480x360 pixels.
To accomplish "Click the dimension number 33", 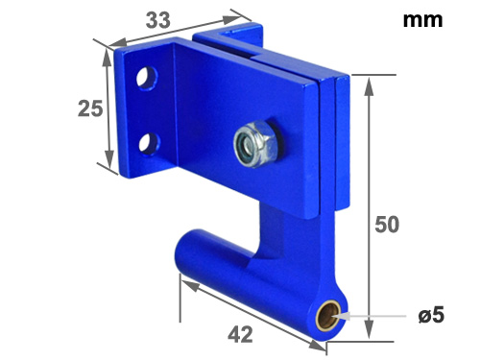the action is pyautogui.click(x=158, y=20).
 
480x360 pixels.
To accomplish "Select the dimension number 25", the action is pyautogui.click(x=90, y=108).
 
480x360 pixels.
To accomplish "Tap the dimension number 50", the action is pyautogui.click(x=387, y=225).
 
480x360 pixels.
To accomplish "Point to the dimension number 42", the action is pyautogui.click(x=240, y=335).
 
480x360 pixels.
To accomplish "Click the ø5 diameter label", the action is pyautogui.click(x=431, y=315).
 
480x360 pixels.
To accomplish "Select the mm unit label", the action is pyautogui.click(x=422, y=20).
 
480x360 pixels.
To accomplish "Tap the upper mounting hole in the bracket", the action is pyautogui.click(x=147, y=78).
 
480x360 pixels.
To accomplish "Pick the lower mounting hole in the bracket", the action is pyautogui.click(x=150, y=143).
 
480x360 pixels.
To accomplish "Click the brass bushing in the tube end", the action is pyautogui.click(x=328, y=316).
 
